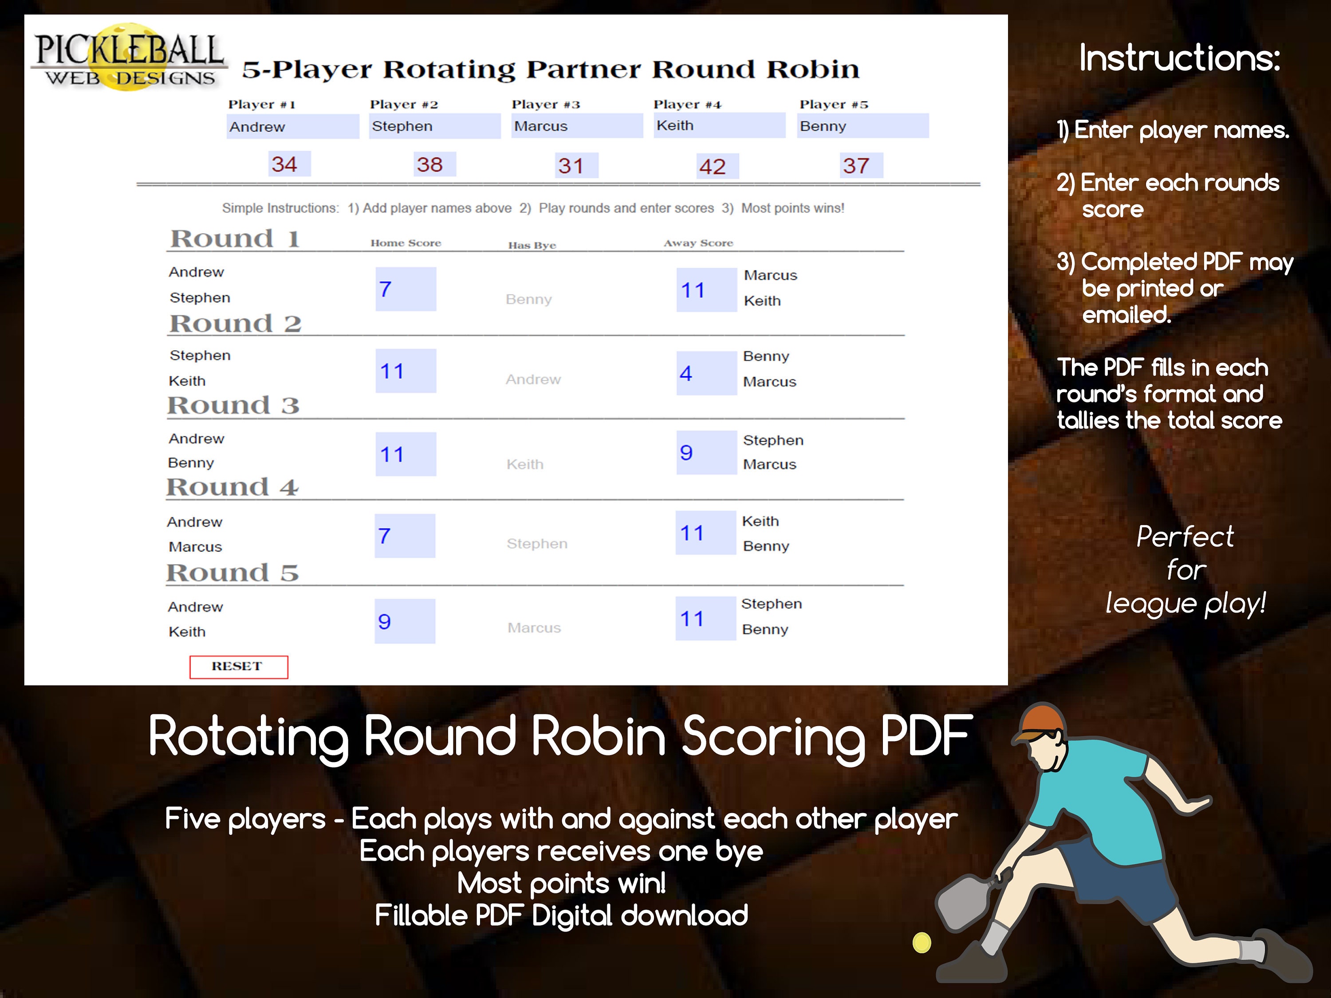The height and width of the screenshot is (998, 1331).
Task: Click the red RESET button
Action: click(x=238, y=667)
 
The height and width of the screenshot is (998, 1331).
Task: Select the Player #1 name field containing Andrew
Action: click(x=292, y=127)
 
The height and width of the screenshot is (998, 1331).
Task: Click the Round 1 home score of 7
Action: click(x=405, y=289)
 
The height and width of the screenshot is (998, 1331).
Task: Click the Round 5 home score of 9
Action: click(x=404, y=621)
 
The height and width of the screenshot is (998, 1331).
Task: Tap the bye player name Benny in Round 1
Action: click(x=528, y=299)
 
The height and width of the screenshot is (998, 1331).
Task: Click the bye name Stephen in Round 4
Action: click(x=537, y=544)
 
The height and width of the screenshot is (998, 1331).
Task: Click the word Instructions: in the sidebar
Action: click(x=1179, y=59)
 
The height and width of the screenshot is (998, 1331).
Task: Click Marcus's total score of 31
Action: click(x=571, y=165)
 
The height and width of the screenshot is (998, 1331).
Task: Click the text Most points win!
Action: click(x=561, y=883)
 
